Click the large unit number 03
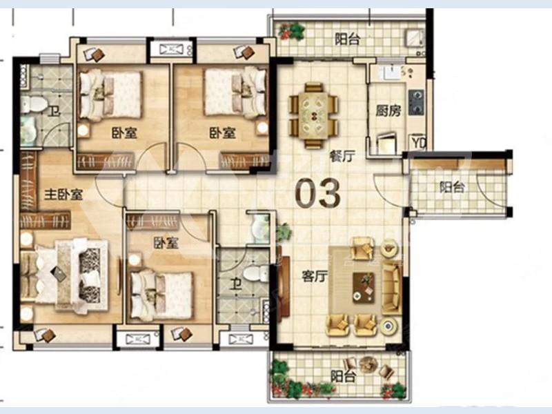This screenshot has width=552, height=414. click(x=317, y=193)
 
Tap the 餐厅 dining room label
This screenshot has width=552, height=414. click(x=342, y=156)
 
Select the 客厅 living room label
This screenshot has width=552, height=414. click(x=315, y=277)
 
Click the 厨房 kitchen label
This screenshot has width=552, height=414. click(x=388, y=111)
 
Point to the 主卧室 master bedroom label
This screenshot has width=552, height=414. click(x=63, y=194)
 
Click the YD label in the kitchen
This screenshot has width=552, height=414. click(x=419, y=143)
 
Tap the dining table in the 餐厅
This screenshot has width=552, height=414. click(x=314, y=115)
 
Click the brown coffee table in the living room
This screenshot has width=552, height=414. click(x=364, y=287)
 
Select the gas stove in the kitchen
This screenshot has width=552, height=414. click(x=417, y=102)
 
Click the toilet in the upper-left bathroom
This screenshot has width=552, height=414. click(x=34, y=104)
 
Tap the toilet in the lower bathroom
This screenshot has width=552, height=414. click(x=256, y=273)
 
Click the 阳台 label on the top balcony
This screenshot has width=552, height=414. click(x=348, y=39)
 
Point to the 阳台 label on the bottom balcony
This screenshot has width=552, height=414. click(x=343, y=376)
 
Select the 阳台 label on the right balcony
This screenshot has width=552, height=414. click(x=453, y=186)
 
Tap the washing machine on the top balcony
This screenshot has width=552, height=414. click(x=414, y=38)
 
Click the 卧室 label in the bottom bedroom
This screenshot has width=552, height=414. click(x=166, y=243)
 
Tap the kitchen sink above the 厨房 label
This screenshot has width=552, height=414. click(x=388, y=74)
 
